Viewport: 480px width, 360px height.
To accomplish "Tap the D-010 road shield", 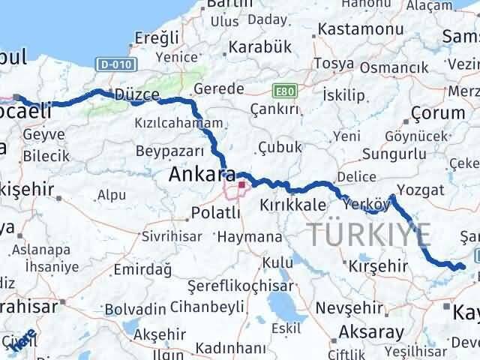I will click(x=112, y=65).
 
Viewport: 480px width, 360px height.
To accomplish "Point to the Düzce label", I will click(x=136, y=95).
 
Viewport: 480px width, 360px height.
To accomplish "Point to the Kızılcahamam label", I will click(x=178, y=122).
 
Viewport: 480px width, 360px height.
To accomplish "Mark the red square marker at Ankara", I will click(x=241, y=184).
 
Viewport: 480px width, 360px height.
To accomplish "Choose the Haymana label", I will click(x=250, y=238).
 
